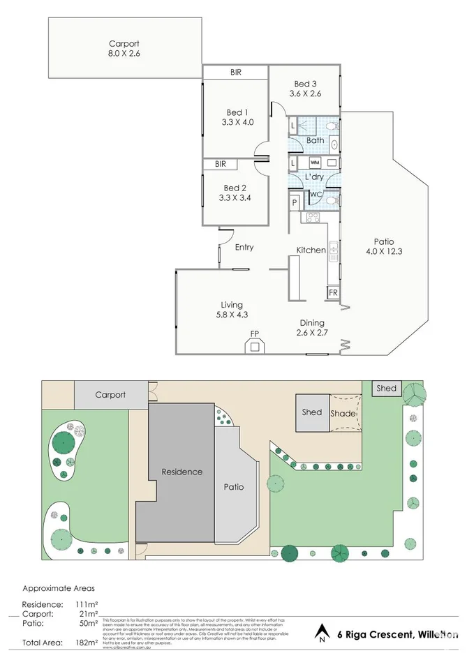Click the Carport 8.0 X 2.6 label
tap(124, 49)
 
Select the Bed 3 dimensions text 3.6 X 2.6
tap(305, 94)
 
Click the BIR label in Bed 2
tap(221, 165)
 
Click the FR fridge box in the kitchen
tap(333, 292)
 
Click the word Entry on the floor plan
tap(244, 248)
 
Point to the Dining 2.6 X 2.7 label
tap(311, 328)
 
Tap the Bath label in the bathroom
tap(316, 140)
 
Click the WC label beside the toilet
tap(315, 194)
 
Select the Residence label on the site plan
tap(182, 472)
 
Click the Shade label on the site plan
tap(343, 414)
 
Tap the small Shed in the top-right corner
tap(386, 389)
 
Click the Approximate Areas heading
tap(59, 588)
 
